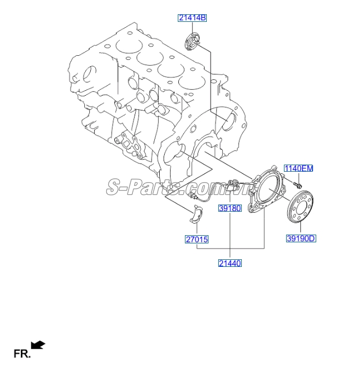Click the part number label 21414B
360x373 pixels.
point(192,18)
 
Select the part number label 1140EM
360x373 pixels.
point(298,168)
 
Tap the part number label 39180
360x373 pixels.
point(230,208)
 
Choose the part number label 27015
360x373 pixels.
point(196,239)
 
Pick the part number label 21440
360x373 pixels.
point(230,263)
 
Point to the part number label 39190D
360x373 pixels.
point(301,238)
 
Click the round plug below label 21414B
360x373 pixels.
point(193,40)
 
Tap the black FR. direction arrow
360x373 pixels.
point(38,344)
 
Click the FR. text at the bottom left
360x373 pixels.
point(21,354)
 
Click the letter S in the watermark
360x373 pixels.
point(114,188)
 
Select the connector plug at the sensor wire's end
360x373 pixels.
point(193,195)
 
